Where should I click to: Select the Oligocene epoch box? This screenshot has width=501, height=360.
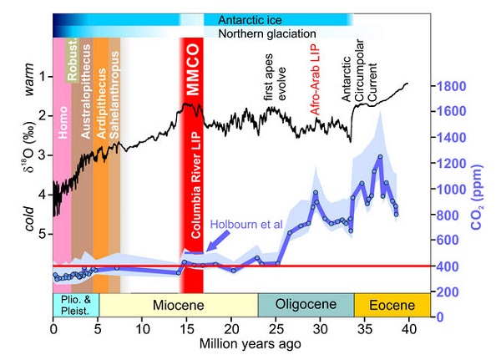tap(305, 304)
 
